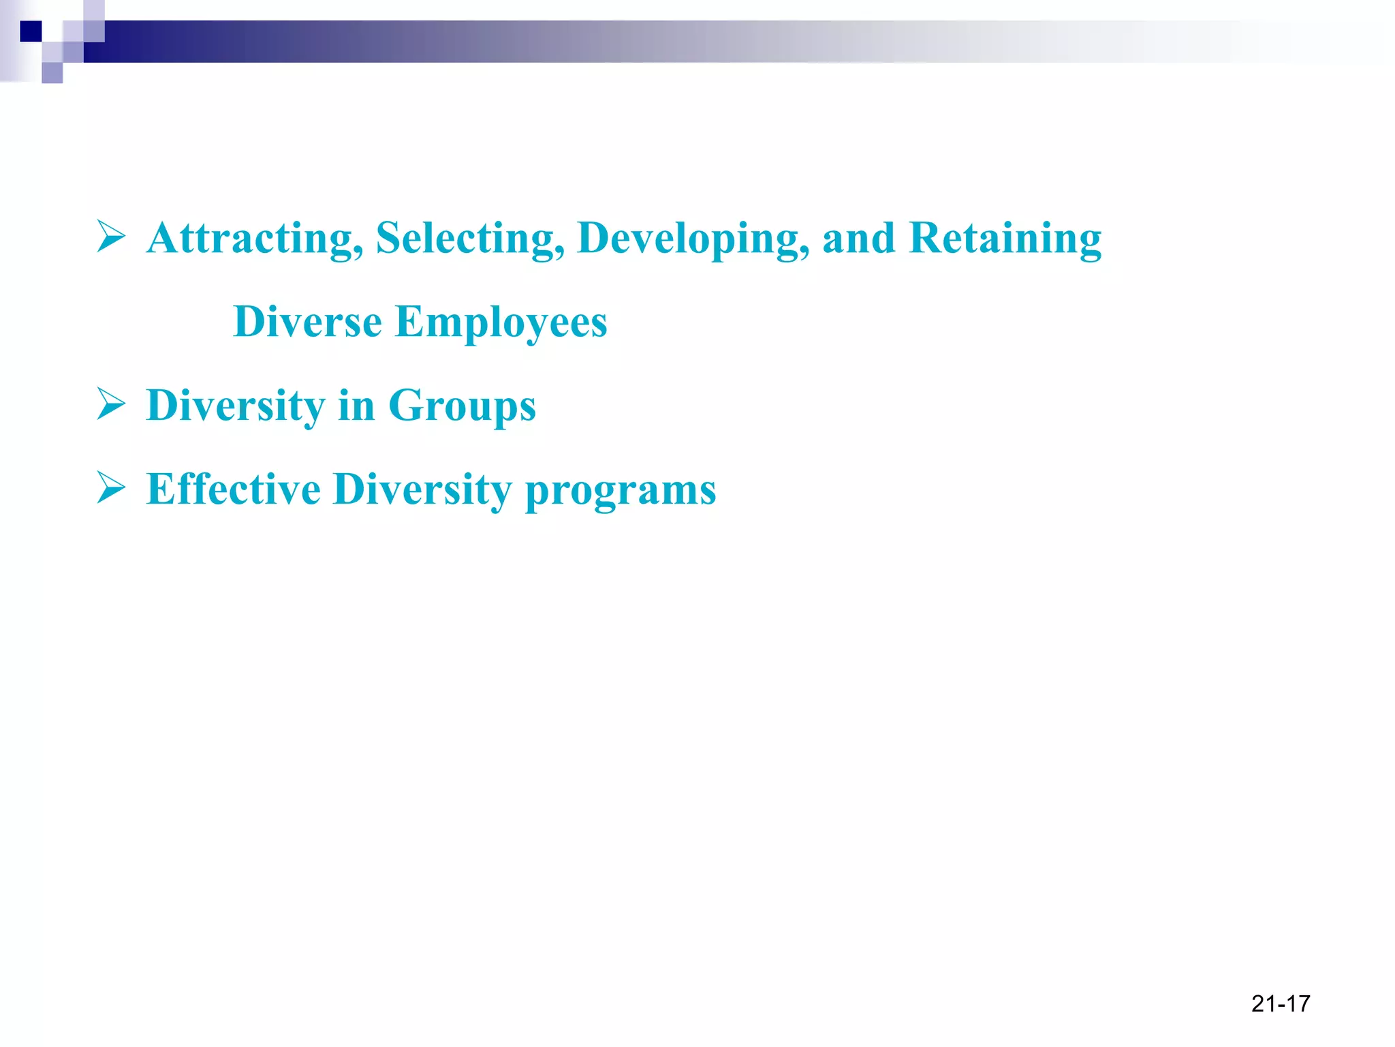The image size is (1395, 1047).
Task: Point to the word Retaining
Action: pyautogui.click(x=1005, y=239)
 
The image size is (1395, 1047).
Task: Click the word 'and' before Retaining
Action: pyautogui.click(x=858, y=239)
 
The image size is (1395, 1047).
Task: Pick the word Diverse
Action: pyautogui.click(x=307, y=322)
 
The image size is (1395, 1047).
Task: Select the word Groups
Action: pyautogui.click(x=462, y=406)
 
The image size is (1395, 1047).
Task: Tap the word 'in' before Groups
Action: pyautogui.click(x=356, y=406)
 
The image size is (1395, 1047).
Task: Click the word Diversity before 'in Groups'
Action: pyautogui.click(x=236, y=406)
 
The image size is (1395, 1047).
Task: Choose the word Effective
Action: pyautogui.click(x=233, y=489)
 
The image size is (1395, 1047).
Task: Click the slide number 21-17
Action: pyautogui.click(x=1281, y=1003)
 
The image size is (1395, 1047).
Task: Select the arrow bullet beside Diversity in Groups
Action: pyautogui.click(x=111, y=404)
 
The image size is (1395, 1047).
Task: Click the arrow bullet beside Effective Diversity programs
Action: pyautogui.click(x=111, y=487)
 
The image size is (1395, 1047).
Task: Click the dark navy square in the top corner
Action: pyautogui.click(x=31, y=31)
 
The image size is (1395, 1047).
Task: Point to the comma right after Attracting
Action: pyautogui.click(x=358, y=252)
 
